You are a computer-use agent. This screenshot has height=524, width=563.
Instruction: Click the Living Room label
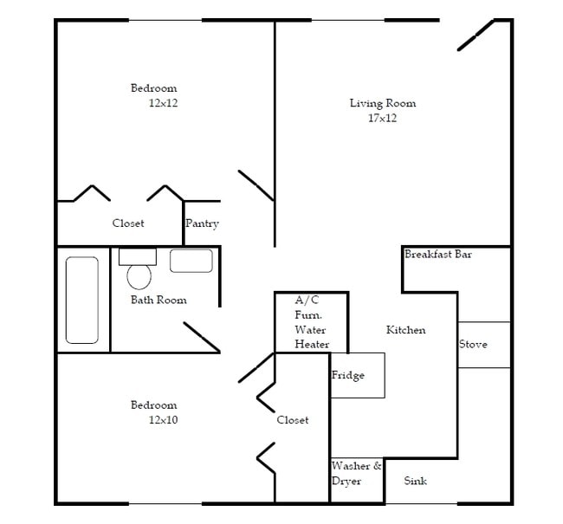pyautogui.click(x=382, y=103)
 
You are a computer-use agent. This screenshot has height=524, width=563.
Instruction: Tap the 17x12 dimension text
pyautogui.click(x=382, y=118)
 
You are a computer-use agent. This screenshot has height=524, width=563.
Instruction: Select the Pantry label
pyautogui.click(x=202, y=223)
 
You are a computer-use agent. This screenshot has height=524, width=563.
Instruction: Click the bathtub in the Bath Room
pyautogui.click(x=83, y=300)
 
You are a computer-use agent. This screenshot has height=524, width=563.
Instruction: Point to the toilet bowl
pyautogui.click(x=139, y=276)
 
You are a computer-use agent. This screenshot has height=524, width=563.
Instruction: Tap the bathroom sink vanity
pyautogui.click(x=191, y=261)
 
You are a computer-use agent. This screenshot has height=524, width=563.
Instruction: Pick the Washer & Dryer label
pyautogui.click(x=356, y=473)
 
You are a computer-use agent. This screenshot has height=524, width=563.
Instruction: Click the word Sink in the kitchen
pyautogui.click(x=416, y=481)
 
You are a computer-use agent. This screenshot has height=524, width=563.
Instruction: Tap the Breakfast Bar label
pyautogui.click(x=437, y=255)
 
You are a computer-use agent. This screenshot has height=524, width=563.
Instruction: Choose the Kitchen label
pyautogui.click(x=405, y=330)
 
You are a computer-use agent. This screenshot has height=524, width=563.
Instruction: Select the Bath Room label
pyautogui.click(x=159, y=301)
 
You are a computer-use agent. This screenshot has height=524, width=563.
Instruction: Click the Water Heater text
pyautogui.click(x=312, y=337)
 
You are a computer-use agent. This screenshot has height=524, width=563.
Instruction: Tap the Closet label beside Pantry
pyautogui.click(x=128, y=223)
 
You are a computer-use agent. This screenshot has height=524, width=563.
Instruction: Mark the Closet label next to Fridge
pyautogui.click(x=293, y=420)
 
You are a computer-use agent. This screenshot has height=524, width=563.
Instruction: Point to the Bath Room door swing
pyautogui.click(x=201, y=337)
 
